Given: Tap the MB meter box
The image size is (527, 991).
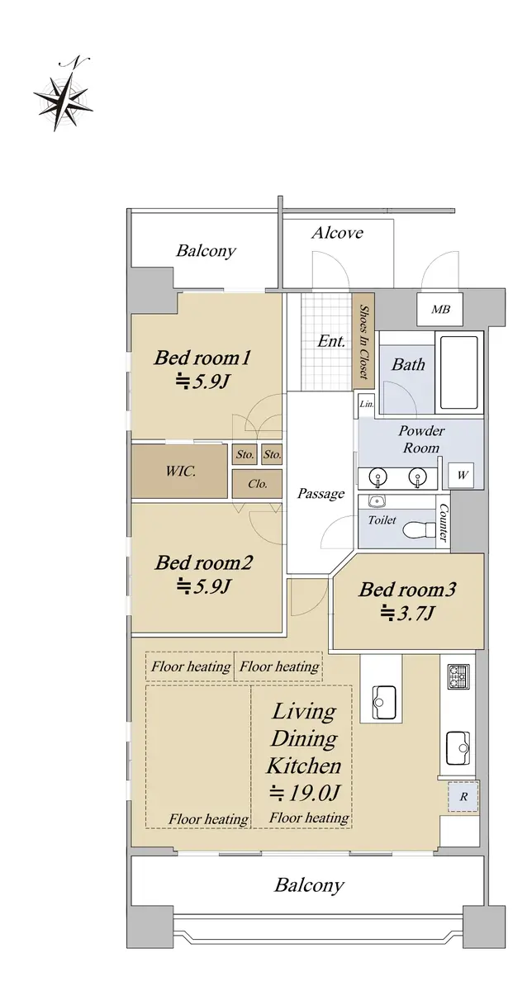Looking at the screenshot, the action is pyautogui.click(x=440, y=309).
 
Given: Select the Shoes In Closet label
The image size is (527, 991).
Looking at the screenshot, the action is pyautogui.click(x=363, y=341).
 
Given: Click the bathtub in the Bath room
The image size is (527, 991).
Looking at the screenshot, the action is pyautogui.click(x=458, y=372).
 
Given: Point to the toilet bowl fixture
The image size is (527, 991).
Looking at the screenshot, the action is pyautogui.click(x=420, y=529).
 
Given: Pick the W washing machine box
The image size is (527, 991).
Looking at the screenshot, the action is pyautogui.click(x=462, y=476).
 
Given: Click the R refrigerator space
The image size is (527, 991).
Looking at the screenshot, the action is pyautogui.click(x=463, y=796).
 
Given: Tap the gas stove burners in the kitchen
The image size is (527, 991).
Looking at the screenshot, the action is pyautogui.click(x=459, y=676).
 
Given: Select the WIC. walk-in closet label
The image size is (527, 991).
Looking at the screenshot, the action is pyautogui.click(x=181, y=471).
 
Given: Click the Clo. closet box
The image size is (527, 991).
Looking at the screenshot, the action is pyautogui.click(x=258, y=484).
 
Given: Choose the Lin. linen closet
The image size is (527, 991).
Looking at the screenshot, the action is pyautogui.click(x=367, y=404).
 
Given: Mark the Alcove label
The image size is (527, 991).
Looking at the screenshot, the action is pyautogui.click(x=337, y=233).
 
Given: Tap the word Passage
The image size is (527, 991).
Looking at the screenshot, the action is pyautogui.click(x=320, y=494).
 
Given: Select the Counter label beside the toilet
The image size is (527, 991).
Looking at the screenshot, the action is pyautogui.click(x=444, y=524).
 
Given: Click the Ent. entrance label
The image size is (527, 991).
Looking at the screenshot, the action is pyautogui.click(x=331, y=341).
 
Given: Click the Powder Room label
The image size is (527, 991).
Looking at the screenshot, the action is pyautogui.click(x=421, y=439).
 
